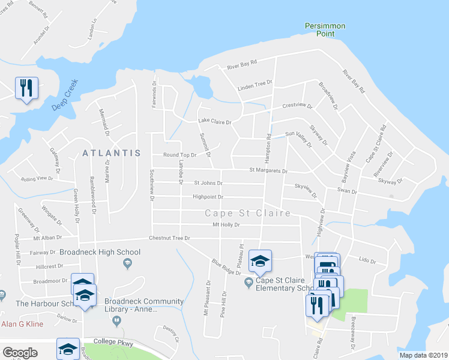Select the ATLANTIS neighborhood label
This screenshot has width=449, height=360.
pyautogui.click(x=112, y=153)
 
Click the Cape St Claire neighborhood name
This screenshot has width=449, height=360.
pyautogui.click(x=247, y=213)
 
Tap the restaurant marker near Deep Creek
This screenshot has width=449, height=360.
pyautogui.click(x=26, y=88)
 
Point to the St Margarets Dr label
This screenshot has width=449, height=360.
pyautogui.click(x=268, y=170)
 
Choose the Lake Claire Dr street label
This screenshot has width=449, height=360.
pyautogui.click(x=215, y=122)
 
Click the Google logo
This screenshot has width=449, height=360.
pyautogui.click(x=20, y=353)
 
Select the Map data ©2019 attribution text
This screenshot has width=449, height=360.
pyautogui.click(x=423, y=355)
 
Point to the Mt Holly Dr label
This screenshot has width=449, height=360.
pyautogui.click(x=226, y=225)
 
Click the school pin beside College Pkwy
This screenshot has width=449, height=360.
pyautogui.click(x=68, y=349)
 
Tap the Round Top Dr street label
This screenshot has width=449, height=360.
pyautogui.click(x=179, y=155)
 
